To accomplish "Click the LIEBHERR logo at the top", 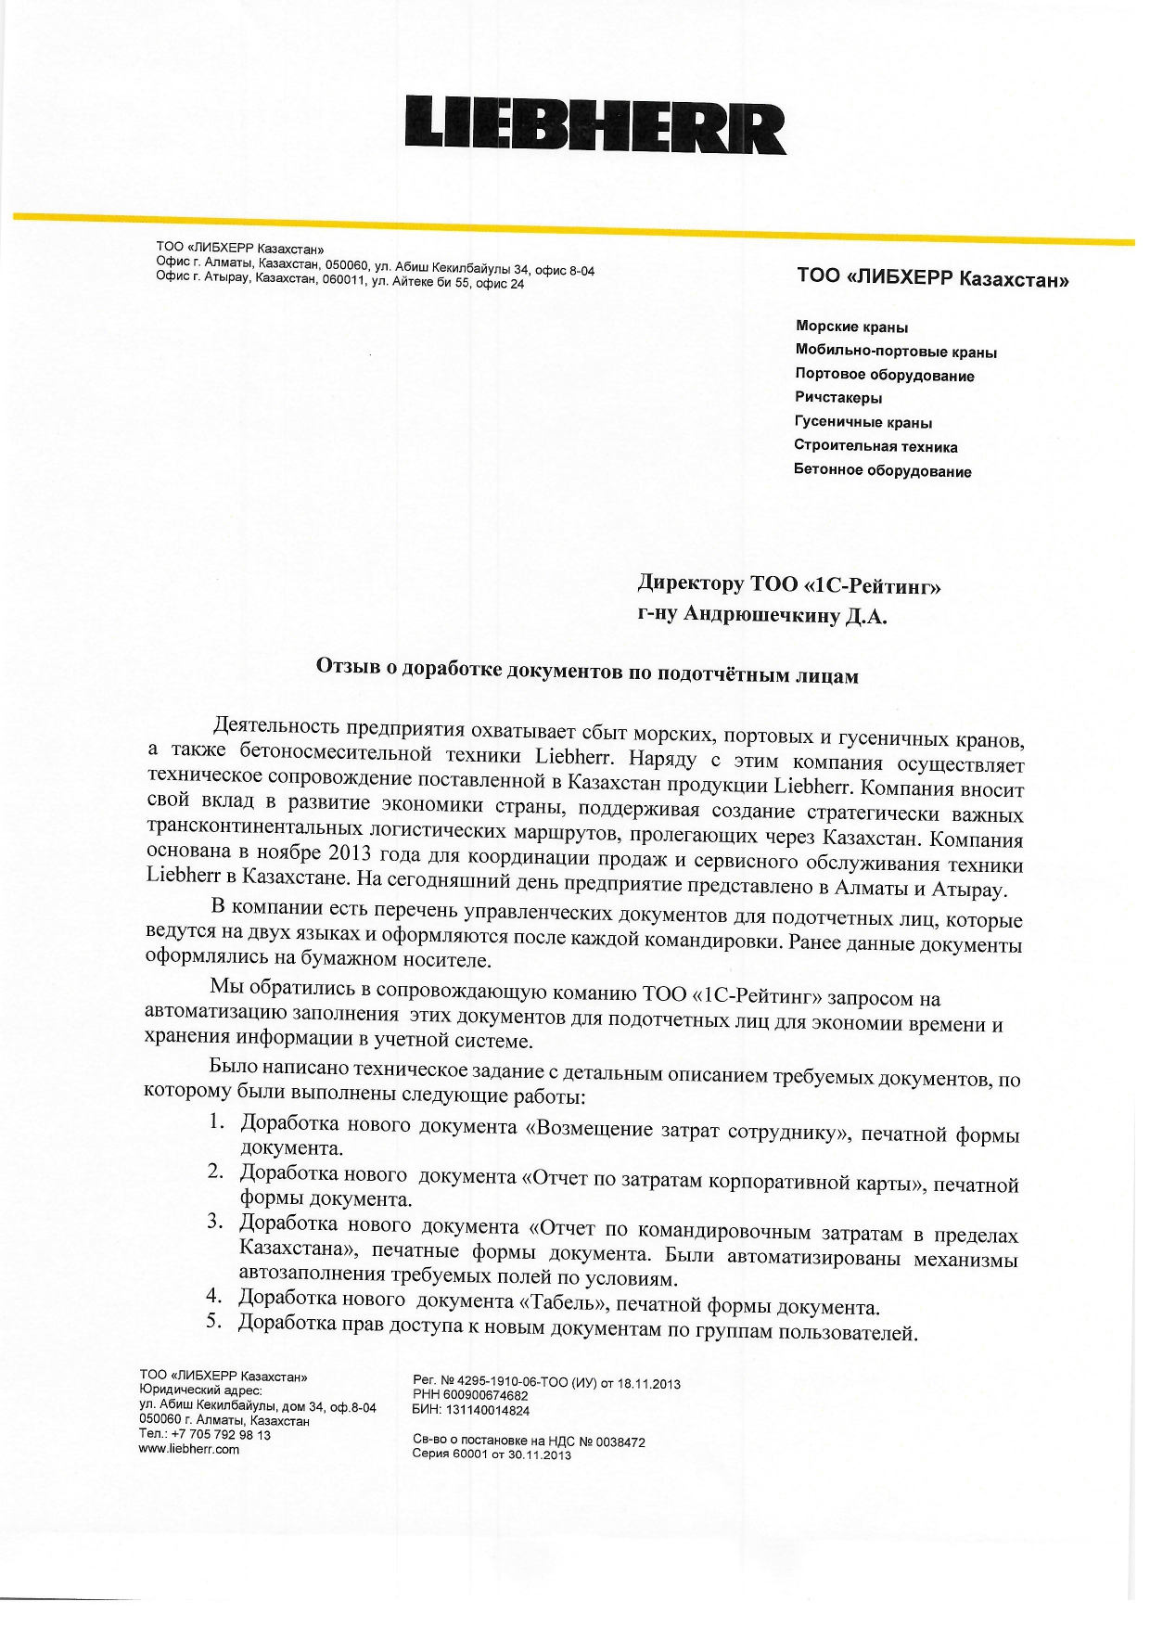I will click(x=594, y=124).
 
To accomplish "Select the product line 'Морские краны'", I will click(x=851, y=327).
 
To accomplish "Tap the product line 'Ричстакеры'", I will click(x=838, y=398).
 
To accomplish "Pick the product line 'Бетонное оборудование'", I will click(x=882, y=471).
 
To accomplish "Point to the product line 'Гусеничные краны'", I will click(x=862, y=423).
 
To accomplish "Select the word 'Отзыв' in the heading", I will click(x=346, y=665).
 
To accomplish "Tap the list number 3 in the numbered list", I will click(x=215, y=1221).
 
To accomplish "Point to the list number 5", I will click(x=214, y=1321).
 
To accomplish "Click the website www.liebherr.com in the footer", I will click(x=188, y=1449).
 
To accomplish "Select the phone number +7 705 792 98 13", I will click(x=221, y=1435).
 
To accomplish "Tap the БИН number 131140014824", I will click(x=488, y=1411).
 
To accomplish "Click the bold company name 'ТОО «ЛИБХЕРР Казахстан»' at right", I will click(x=932, y=277).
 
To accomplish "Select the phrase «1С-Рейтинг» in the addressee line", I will click(x=872, y=585).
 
